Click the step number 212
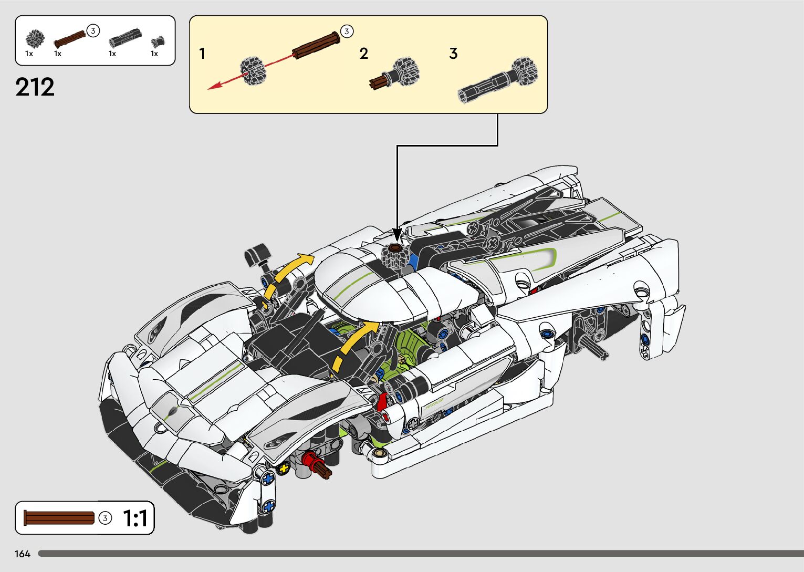pos(35,87)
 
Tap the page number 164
pos(23,554)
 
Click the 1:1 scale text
pos(135,518)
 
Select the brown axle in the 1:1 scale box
pos(59,518)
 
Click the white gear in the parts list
pos(35,38)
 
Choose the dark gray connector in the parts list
pos(124,39)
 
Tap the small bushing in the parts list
pos(157,41)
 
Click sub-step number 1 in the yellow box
pos(202,54)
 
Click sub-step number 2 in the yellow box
pos(364,54)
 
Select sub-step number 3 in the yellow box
pos(453,54)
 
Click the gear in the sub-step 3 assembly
pos(525,70)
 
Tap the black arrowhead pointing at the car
pos(397,234)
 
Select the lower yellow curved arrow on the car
pos(354,344)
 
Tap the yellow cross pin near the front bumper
pos(284,468)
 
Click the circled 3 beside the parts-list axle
pos(92,30)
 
